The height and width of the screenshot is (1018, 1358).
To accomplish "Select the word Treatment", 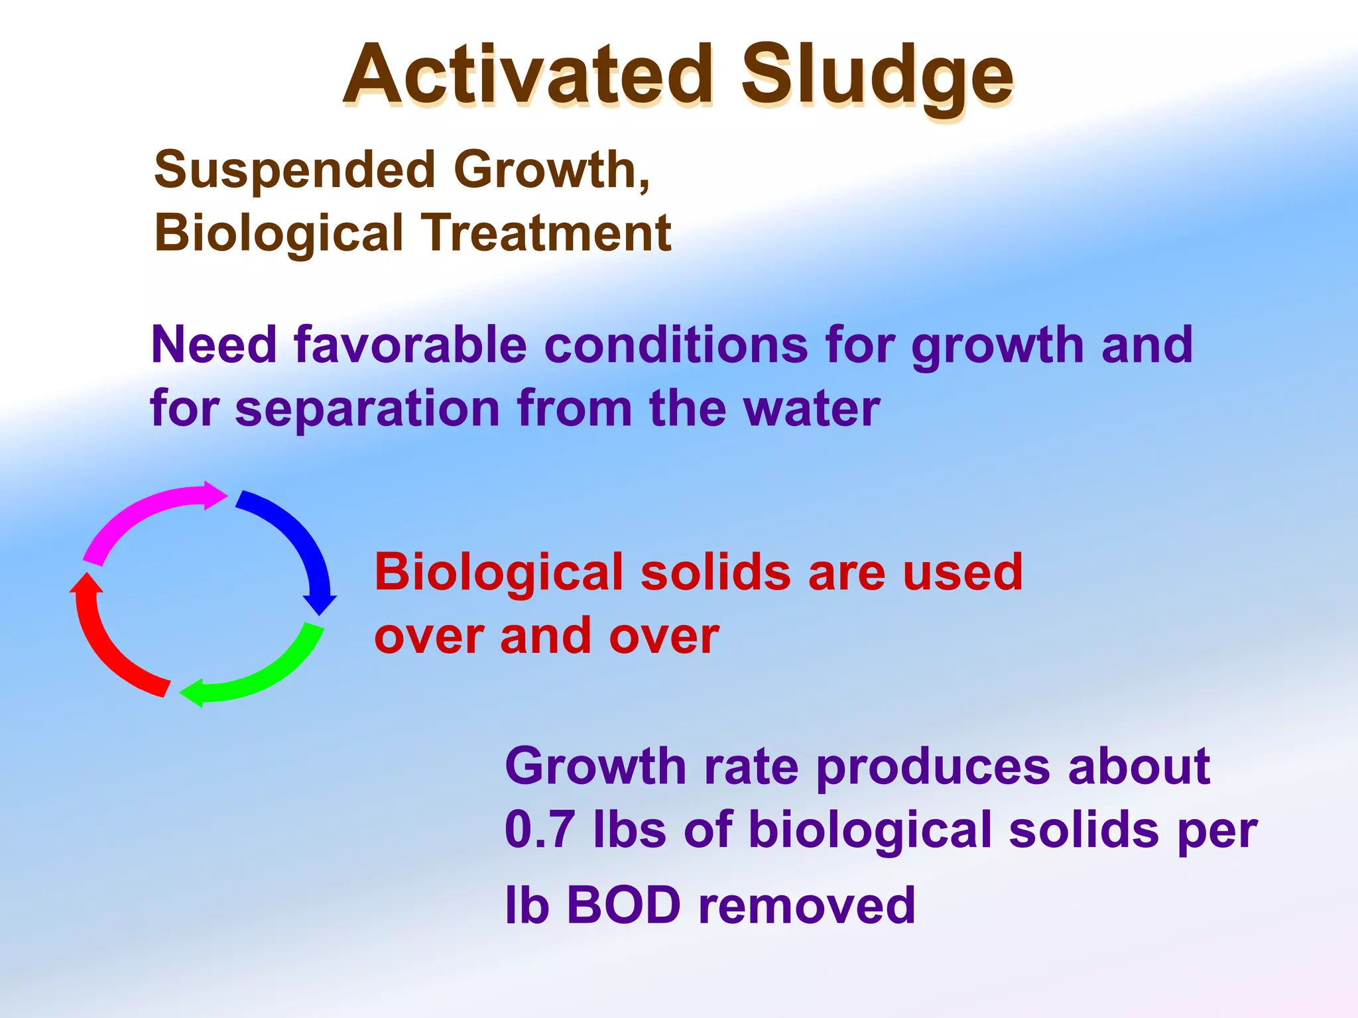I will click(548, 233).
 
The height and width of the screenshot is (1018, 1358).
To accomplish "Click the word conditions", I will click(676, 345).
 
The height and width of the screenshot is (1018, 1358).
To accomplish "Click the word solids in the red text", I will click(715, 572).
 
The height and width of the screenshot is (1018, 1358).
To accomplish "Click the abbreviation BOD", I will click(623, 905).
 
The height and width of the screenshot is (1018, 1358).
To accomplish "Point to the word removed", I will click(806, 905).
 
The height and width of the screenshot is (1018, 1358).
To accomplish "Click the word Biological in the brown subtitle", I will click(278, 233).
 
